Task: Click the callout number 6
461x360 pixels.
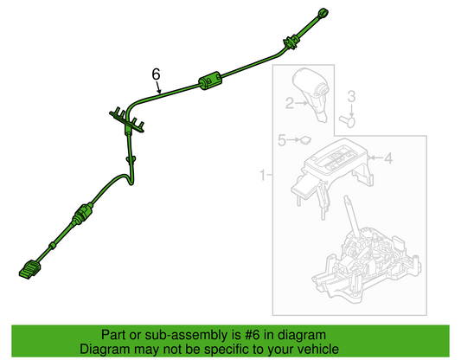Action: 156,74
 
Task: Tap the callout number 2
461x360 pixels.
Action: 290,103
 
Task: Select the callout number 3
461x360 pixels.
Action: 352,97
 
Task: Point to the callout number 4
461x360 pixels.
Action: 388,158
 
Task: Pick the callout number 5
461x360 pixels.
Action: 282,140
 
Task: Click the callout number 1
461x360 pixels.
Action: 263,176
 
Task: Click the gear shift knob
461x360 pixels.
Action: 311,93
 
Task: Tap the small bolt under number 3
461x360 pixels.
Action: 347,121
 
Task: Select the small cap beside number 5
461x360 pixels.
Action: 305,140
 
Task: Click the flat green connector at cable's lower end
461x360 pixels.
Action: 30,269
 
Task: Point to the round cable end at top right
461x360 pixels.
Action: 323,14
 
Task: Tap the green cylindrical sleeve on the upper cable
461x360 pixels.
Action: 210,80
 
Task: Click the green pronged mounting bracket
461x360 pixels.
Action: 127,120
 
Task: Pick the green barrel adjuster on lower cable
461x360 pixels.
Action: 83,215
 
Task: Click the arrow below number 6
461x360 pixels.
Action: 159,87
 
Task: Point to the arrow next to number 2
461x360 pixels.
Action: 302,103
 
